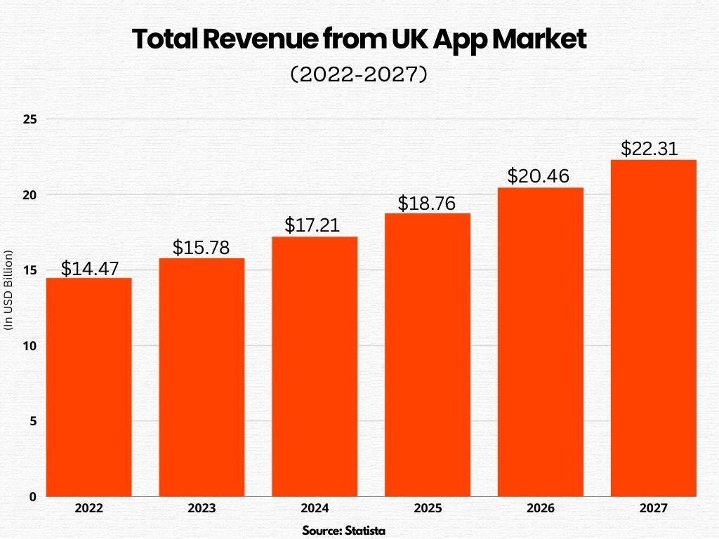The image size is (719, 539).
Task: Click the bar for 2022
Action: pos(89,387)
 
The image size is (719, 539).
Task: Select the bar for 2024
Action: pos(315,366)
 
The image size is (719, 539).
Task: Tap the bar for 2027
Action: pos(653,328)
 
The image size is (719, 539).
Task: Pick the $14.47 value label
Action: pos(89,268)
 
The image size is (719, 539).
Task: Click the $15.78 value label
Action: pos(202,248)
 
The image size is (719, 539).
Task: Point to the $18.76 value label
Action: pos(427,204)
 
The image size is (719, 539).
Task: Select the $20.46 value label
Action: pos(540,177)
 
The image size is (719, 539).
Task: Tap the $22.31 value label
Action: pos(653,149)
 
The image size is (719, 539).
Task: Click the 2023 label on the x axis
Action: pos(202,508)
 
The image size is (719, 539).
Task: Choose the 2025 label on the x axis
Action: pos(427,508)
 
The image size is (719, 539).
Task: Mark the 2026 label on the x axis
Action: pos(540,508)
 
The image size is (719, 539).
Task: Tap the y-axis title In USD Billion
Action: pos(9,289)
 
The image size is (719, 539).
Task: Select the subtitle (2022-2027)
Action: pos(359,75)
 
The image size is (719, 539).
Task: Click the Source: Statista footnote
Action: pos(344,530)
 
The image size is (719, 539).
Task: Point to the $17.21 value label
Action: pos(315,225)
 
